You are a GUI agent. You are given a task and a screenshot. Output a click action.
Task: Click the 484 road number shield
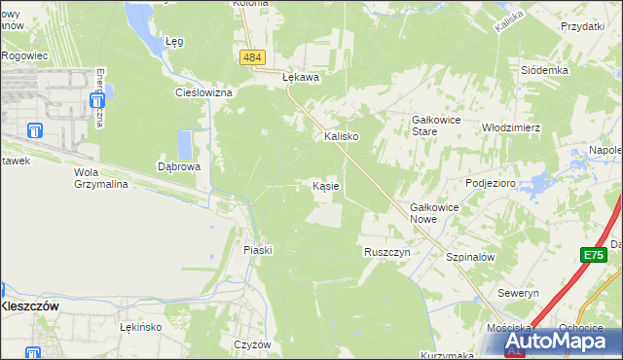pyautogui.click(x=252, y=58)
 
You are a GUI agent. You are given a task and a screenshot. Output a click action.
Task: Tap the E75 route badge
pyautogui.click(x=594, y=255)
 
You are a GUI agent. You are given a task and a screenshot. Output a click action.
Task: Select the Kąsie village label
pyautogui.click(x=325, y=185)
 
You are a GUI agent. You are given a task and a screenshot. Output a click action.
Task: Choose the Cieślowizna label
pyautogui.click(x=202, y=92)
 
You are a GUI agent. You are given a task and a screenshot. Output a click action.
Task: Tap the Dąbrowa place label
pyautogui.click(x=179, y=166)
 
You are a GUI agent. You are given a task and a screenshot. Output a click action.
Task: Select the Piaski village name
pyautogui.click(x=257, y=250)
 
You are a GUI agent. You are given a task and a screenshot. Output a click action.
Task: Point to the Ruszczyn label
pyautogui.click(x=386, y=251)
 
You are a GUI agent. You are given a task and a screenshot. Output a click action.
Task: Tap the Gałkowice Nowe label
pyautogui.click(x=434, y=213)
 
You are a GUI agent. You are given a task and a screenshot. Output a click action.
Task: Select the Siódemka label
pyautogui.click(x=544, y=71)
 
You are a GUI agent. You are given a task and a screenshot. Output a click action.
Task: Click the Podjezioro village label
pyautogui.click(x=490, y=183)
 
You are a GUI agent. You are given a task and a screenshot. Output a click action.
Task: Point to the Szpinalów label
pyautogui.click(x=470, y=257)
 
